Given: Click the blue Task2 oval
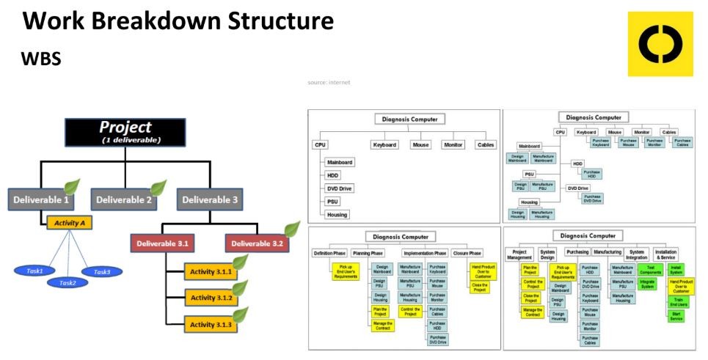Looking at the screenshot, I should pos(68,282).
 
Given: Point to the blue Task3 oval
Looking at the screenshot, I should pos(102,271).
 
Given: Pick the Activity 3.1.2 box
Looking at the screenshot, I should pos(210,298).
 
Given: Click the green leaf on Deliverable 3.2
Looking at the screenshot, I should pos(292,228).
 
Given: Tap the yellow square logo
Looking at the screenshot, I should pos(660,44).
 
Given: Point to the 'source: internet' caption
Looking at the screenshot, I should pos(329,82).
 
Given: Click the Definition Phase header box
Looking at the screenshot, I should pos(330,253).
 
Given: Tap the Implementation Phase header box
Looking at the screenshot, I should pos(425,253).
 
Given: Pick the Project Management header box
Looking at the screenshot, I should pos(520,254).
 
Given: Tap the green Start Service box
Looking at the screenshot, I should pos(676,317).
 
